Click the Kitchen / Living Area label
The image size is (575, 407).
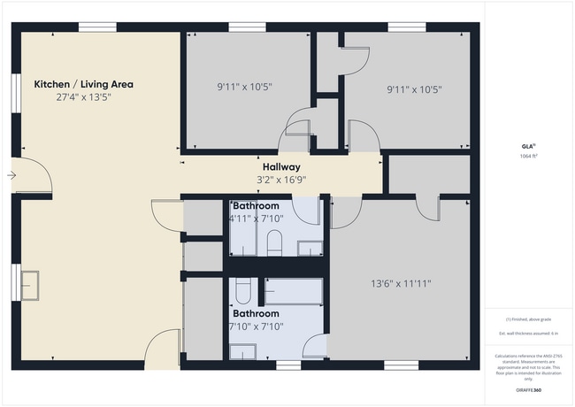tap(83, 84)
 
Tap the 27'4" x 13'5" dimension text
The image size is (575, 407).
tap(83, 96)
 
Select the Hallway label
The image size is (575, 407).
tap(281, 166)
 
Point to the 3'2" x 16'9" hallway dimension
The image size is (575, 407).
tap(281, 179)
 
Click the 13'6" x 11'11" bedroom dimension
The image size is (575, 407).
tap(401, 284)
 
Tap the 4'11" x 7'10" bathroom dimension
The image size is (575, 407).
tap(256, 218)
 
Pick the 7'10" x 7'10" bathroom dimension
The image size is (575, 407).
tap(257, 326)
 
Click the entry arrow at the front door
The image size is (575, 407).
tap(11, 175)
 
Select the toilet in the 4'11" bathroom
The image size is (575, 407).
tap(273, 242)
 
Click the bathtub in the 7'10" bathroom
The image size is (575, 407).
tap(293, 291)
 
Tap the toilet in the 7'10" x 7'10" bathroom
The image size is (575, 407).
tap(243, 290)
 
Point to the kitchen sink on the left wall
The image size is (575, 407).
tap(31, 284)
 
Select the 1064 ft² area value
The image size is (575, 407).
tap(528, 157)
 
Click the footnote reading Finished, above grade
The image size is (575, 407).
tap(528, 319)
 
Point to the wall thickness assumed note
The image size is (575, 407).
tap(528, 333)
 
